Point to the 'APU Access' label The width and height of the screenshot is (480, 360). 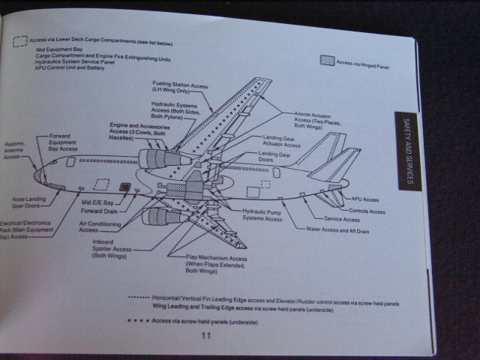tap(365, 199)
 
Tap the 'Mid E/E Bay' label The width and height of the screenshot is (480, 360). tap(97, 202)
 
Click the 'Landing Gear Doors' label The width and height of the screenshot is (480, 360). tap(274, 157)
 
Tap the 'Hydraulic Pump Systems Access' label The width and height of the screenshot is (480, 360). tap(262, 215)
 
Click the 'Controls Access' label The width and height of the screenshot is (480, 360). tap(367, 211)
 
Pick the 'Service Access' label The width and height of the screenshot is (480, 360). tap(342, 220)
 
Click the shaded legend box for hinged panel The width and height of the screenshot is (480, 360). tap(326, 61)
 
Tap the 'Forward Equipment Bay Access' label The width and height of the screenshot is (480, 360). tap(63, 142)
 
